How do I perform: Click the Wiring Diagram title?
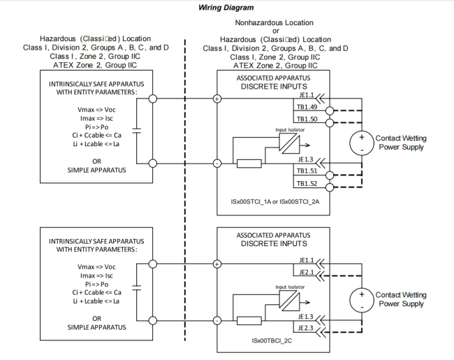[x=227, y=8]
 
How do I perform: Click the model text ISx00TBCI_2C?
[x=275, y=340]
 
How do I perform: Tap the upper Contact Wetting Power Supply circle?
[x=362, y=143]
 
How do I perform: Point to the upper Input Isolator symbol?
[x=288, y=143]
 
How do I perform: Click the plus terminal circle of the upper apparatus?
[x=217, y=99]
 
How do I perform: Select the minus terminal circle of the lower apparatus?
[x=217, y=320]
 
